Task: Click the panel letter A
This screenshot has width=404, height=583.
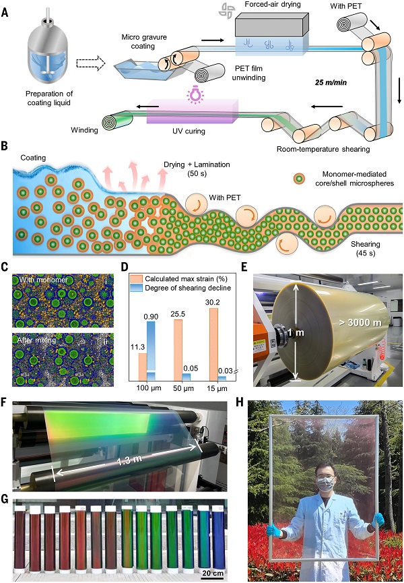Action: pyautogui.click(x=5, y=13)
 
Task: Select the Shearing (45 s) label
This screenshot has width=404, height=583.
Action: pyautogui.click(x=366, y=249)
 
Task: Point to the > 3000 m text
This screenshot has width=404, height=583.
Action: pyautogui.click(x=360, y=322)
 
